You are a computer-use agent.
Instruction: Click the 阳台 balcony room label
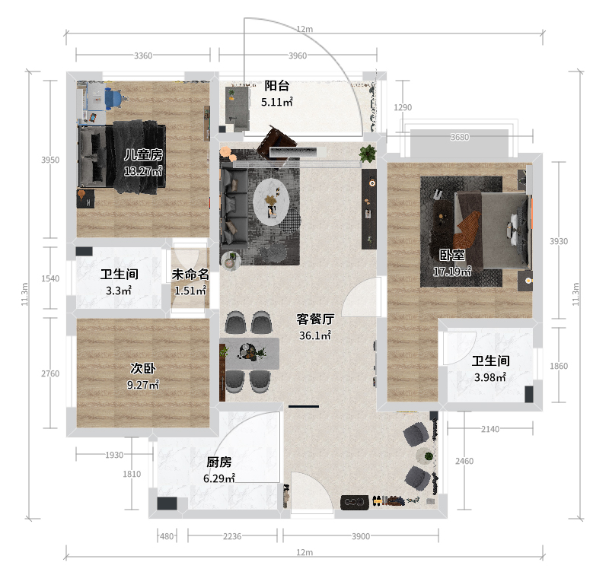[277, 85]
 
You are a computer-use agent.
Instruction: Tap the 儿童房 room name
[143, 155]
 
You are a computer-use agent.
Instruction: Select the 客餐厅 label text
[315, 319]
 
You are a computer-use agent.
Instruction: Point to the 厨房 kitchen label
[219, 462]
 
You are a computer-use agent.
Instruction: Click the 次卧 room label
[143, 368]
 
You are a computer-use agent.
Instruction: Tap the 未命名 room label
[190, 275]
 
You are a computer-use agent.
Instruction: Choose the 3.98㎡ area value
[490, 377]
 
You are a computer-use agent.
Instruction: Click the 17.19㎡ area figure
[452, 272]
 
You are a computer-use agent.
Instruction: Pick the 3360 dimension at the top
[143, 56]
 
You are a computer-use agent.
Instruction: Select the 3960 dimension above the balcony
[298, 56]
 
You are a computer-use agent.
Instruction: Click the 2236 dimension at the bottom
[232, 536]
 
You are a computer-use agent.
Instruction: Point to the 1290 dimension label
[403, 107]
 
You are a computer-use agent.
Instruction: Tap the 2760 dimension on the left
[50, 373]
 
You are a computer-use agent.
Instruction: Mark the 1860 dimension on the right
[559, 366]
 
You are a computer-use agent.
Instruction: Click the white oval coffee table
[271, 202]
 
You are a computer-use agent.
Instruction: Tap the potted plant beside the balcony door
[368, 153]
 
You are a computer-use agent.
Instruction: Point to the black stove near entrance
[355, 502]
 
